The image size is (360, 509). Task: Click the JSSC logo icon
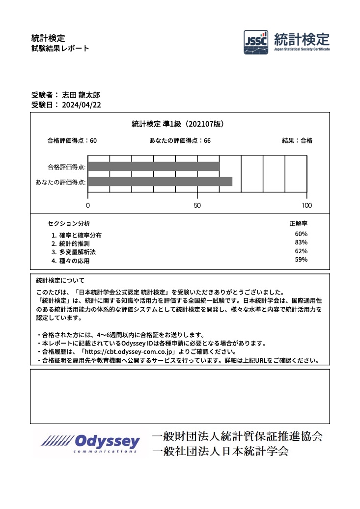[x=256, y=42]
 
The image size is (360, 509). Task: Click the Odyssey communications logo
[x=91, y=443]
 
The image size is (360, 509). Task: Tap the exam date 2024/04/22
[x=82, y=105]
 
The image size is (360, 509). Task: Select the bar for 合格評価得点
[x=154, y=166]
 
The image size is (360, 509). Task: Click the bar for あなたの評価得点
[x=160, y=182]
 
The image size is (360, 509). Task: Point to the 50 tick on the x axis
[x=197, y=205]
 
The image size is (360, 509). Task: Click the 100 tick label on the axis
[x=306, y=205]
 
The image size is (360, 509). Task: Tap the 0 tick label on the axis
[x=88, y=205]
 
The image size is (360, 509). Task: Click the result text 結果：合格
[x=297, y=140]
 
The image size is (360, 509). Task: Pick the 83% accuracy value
[x=301, y=242]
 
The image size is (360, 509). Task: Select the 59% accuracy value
[x=301, y=260]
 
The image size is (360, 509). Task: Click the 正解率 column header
[x=299, y=223]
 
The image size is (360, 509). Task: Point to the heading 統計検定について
[x=60, y=281]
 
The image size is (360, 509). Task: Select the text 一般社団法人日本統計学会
[x=220, y=451]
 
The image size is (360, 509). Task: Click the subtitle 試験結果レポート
[x=60, y=48]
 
